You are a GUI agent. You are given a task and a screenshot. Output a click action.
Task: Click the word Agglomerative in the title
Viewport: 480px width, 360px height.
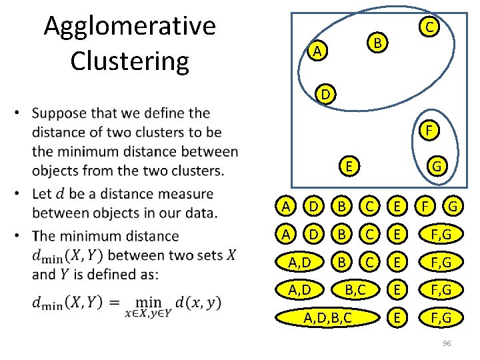tap(129, 27)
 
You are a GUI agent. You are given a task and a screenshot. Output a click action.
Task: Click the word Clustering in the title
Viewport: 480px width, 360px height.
tap(129, 60)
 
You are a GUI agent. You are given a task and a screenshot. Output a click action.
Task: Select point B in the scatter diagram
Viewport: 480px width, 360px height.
tap(377, 44)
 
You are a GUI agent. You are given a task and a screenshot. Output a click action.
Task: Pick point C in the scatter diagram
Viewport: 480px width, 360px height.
tap(431, 27)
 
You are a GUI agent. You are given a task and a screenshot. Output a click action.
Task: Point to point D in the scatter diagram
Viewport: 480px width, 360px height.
tap(325, 95)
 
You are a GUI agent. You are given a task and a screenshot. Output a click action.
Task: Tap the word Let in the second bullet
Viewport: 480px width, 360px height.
tap(42, 194)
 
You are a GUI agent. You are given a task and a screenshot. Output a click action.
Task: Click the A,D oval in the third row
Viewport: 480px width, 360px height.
tap(295, 262)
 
